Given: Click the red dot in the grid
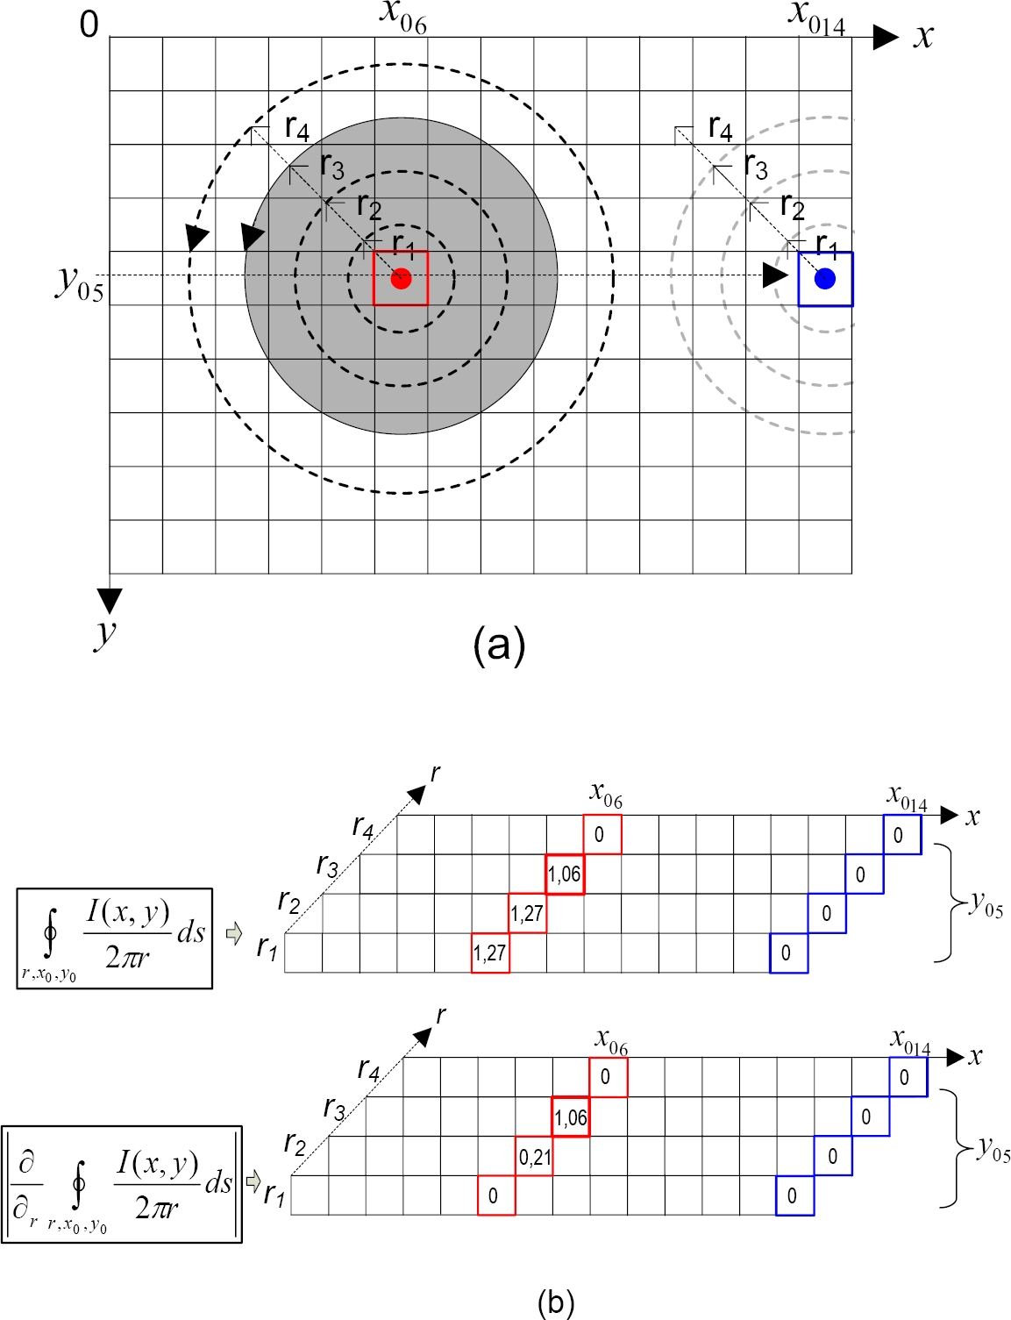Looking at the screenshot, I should coord(401,279).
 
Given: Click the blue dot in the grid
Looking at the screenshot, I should coord(825,279).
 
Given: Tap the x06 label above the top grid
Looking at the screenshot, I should coord(403,18).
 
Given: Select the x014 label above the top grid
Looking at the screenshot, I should coord(816,18).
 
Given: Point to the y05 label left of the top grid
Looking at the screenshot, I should coord(79,282).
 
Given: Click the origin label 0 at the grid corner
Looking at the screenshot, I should coord(89,25).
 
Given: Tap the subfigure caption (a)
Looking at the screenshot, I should coord(499,646).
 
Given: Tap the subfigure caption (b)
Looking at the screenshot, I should coord(556,1302).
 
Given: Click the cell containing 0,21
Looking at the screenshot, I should coord(534,1157).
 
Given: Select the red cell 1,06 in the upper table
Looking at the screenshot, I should coord(565,874).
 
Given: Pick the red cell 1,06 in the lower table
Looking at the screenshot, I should coord(571,1117).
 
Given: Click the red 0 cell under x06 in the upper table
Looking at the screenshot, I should coord(602,834).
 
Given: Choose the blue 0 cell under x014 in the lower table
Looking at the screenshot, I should coord(908,1077).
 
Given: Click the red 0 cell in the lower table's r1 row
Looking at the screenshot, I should coord(496,1195).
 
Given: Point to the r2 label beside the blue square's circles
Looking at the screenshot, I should coord(792,209).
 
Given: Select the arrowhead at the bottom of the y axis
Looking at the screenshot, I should coord(110,601).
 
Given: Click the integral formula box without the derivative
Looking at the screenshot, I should coord(115,938).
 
